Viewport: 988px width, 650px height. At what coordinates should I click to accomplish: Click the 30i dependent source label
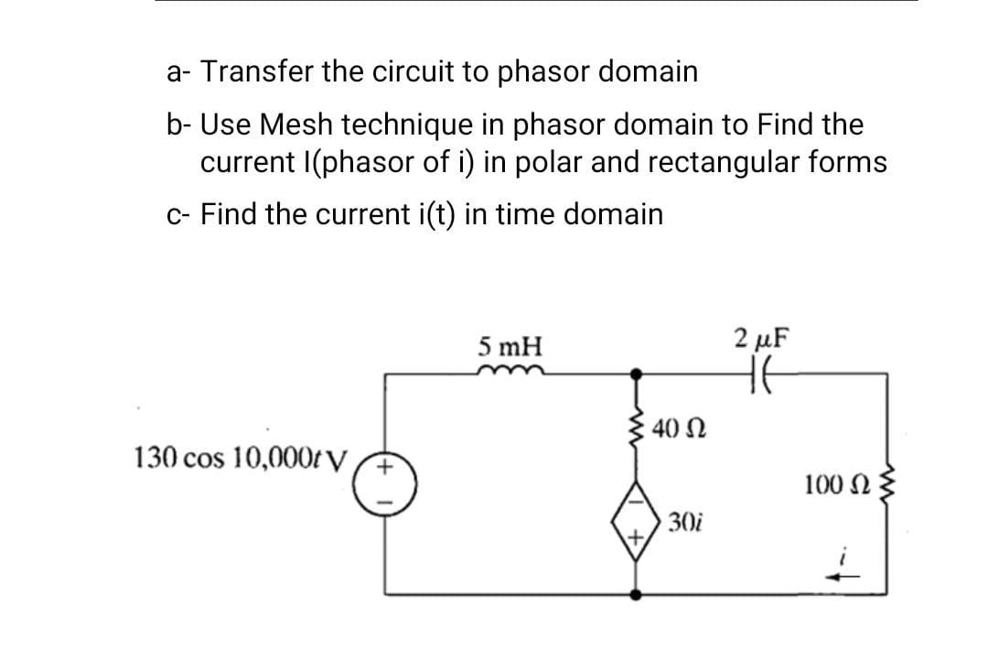click(684, 523)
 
